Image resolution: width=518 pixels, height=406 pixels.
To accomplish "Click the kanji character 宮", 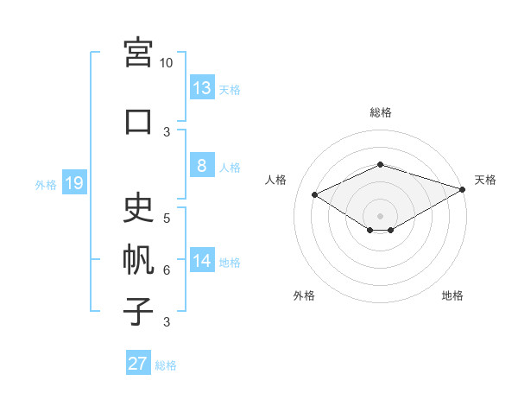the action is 138,53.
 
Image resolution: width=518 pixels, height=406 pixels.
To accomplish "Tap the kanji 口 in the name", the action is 138,122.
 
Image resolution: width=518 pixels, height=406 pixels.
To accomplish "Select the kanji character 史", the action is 138,207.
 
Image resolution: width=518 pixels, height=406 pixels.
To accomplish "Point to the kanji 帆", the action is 138,259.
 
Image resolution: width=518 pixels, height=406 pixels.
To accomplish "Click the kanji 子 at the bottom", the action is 138,311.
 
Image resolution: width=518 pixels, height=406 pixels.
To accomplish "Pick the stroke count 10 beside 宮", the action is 166,63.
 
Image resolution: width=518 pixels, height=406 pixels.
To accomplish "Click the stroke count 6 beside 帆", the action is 167,270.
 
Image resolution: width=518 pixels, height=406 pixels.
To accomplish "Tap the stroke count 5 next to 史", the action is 167,219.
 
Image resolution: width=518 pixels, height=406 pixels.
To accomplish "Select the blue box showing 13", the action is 202,87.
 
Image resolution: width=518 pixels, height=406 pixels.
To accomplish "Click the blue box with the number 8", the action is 202,165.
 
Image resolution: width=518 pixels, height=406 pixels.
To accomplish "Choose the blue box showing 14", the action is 202,259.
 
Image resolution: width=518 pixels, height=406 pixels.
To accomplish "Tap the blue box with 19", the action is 74,182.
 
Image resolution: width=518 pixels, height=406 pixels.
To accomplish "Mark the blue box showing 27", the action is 138,362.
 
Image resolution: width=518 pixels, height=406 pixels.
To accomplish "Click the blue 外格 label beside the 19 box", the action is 46,185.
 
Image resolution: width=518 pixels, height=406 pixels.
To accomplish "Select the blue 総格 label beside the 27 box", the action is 166,365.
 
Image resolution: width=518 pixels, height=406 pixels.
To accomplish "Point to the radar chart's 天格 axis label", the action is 485,180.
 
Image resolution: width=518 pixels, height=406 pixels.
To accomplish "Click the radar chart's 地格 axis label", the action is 452,295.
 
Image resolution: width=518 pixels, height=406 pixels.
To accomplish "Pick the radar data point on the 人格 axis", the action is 315,194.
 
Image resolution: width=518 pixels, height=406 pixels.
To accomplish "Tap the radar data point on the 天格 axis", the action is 463,189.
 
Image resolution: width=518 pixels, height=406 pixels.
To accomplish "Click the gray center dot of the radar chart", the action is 380,216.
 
